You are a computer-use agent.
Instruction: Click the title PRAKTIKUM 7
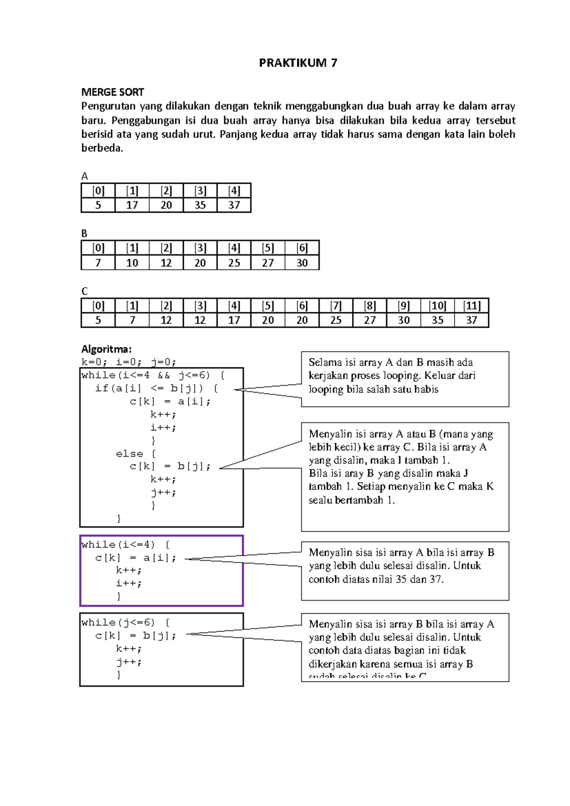tap(298, 63)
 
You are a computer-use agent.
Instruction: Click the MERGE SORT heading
tap(113, 92)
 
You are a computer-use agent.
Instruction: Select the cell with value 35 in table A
tap(200, 205)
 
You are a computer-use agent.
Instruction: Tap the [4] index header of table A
tap(234, 191)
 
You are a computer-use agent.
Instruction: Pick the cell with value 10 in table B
tap(132, 263)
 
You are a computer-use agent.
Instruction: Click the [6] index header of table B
tap(302, 248)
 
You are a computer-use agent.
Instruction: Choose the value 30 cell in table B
tap(302, 263)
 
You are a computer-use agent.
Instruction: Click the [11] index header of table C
tap(471, 306)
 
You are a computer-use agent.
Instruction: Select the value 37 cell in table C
tap(471, 320)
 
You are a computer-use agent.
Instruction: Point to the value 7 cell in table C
tap(132, 320)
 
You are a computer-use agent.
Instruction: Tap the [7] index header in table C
tap(336, 306)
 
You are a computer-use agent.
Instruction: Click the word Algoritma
tap(106, 349)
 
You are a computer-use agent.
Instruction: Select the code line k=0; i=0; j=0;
tap(129, 362)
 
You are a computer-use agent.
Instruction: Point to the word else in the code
tap(129, 454)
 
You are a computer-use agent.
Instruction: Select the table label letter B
tap(85, 234)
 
